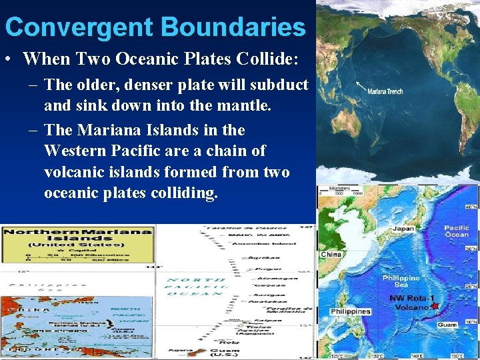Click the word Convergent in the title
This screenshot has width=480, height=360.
click(79, 27)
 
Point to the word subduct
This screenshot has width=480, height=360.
click(281, 85)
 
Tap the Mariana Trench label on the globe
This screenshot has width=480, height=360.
click(385, 91)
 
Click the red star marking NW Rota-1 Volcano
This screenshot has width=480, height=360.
click(435, 306)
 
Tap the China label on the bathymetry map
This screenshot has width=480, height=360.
click(331, 255)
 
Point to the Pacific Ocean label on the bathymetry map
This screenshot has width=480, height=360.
click(457, 231)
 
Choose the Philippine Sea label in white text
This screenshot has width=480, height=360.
click(401, 281)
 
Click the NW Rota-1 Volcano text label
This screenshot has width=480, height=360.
click(409, 303)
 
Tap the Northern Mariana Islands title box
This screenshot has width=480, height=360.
click(78, 241)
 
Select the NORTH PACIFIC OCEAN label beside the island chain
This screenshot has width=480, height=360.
click(197, 286)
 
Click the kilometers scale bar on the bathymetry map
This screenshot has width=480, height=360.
click(344, 192)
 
